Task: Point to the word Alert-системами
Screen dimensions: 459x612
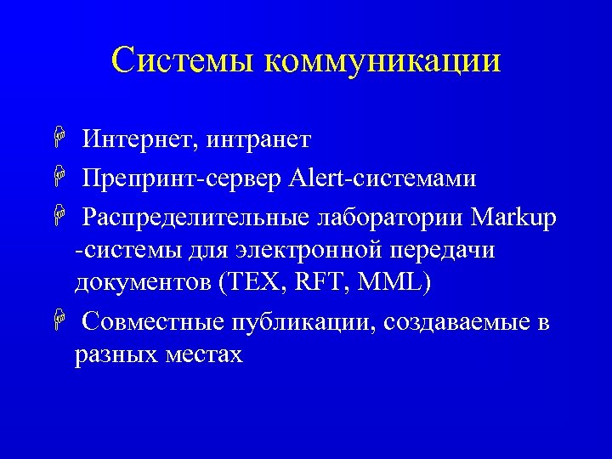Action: (x=382, y=179)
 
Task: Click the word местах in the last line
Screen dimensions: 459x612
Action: (x=203, y=354)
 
